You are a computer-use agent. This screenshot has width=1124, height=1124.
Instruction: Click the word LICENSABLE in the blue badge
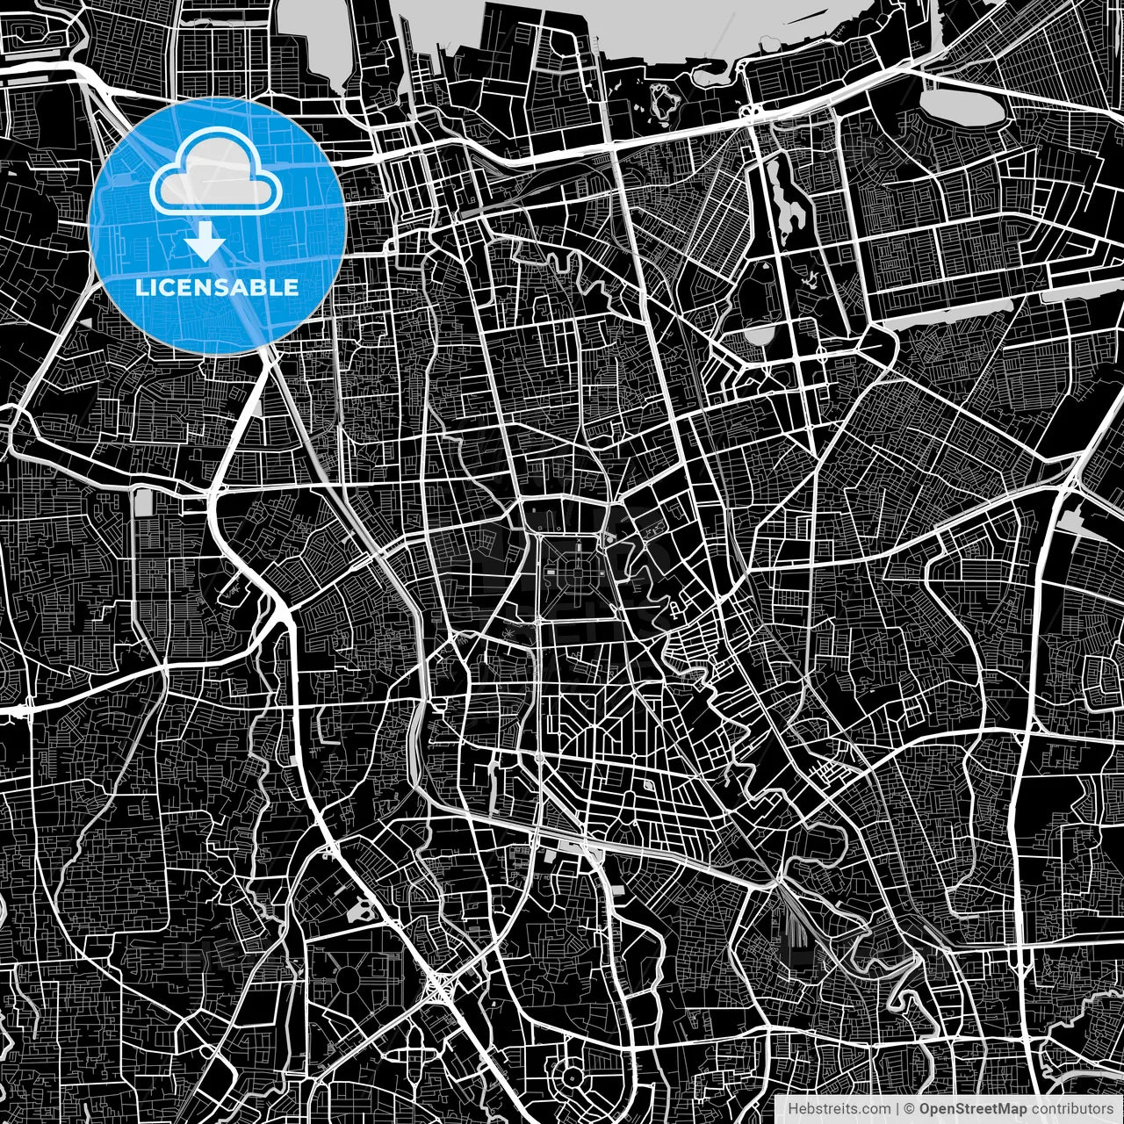point(216,287)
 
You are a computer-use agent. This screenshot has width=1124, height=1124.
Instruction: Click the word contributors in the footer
point(1071,1108)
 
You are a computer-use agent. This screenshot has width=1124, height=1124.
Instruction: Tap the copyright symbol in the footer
point(910,1108)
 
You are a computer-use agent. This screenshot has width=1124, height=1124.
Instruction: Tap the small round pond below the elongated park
point(757,335)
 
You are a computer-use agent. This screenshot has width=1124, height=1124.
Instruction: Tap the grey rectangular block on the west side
point(142,504)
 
